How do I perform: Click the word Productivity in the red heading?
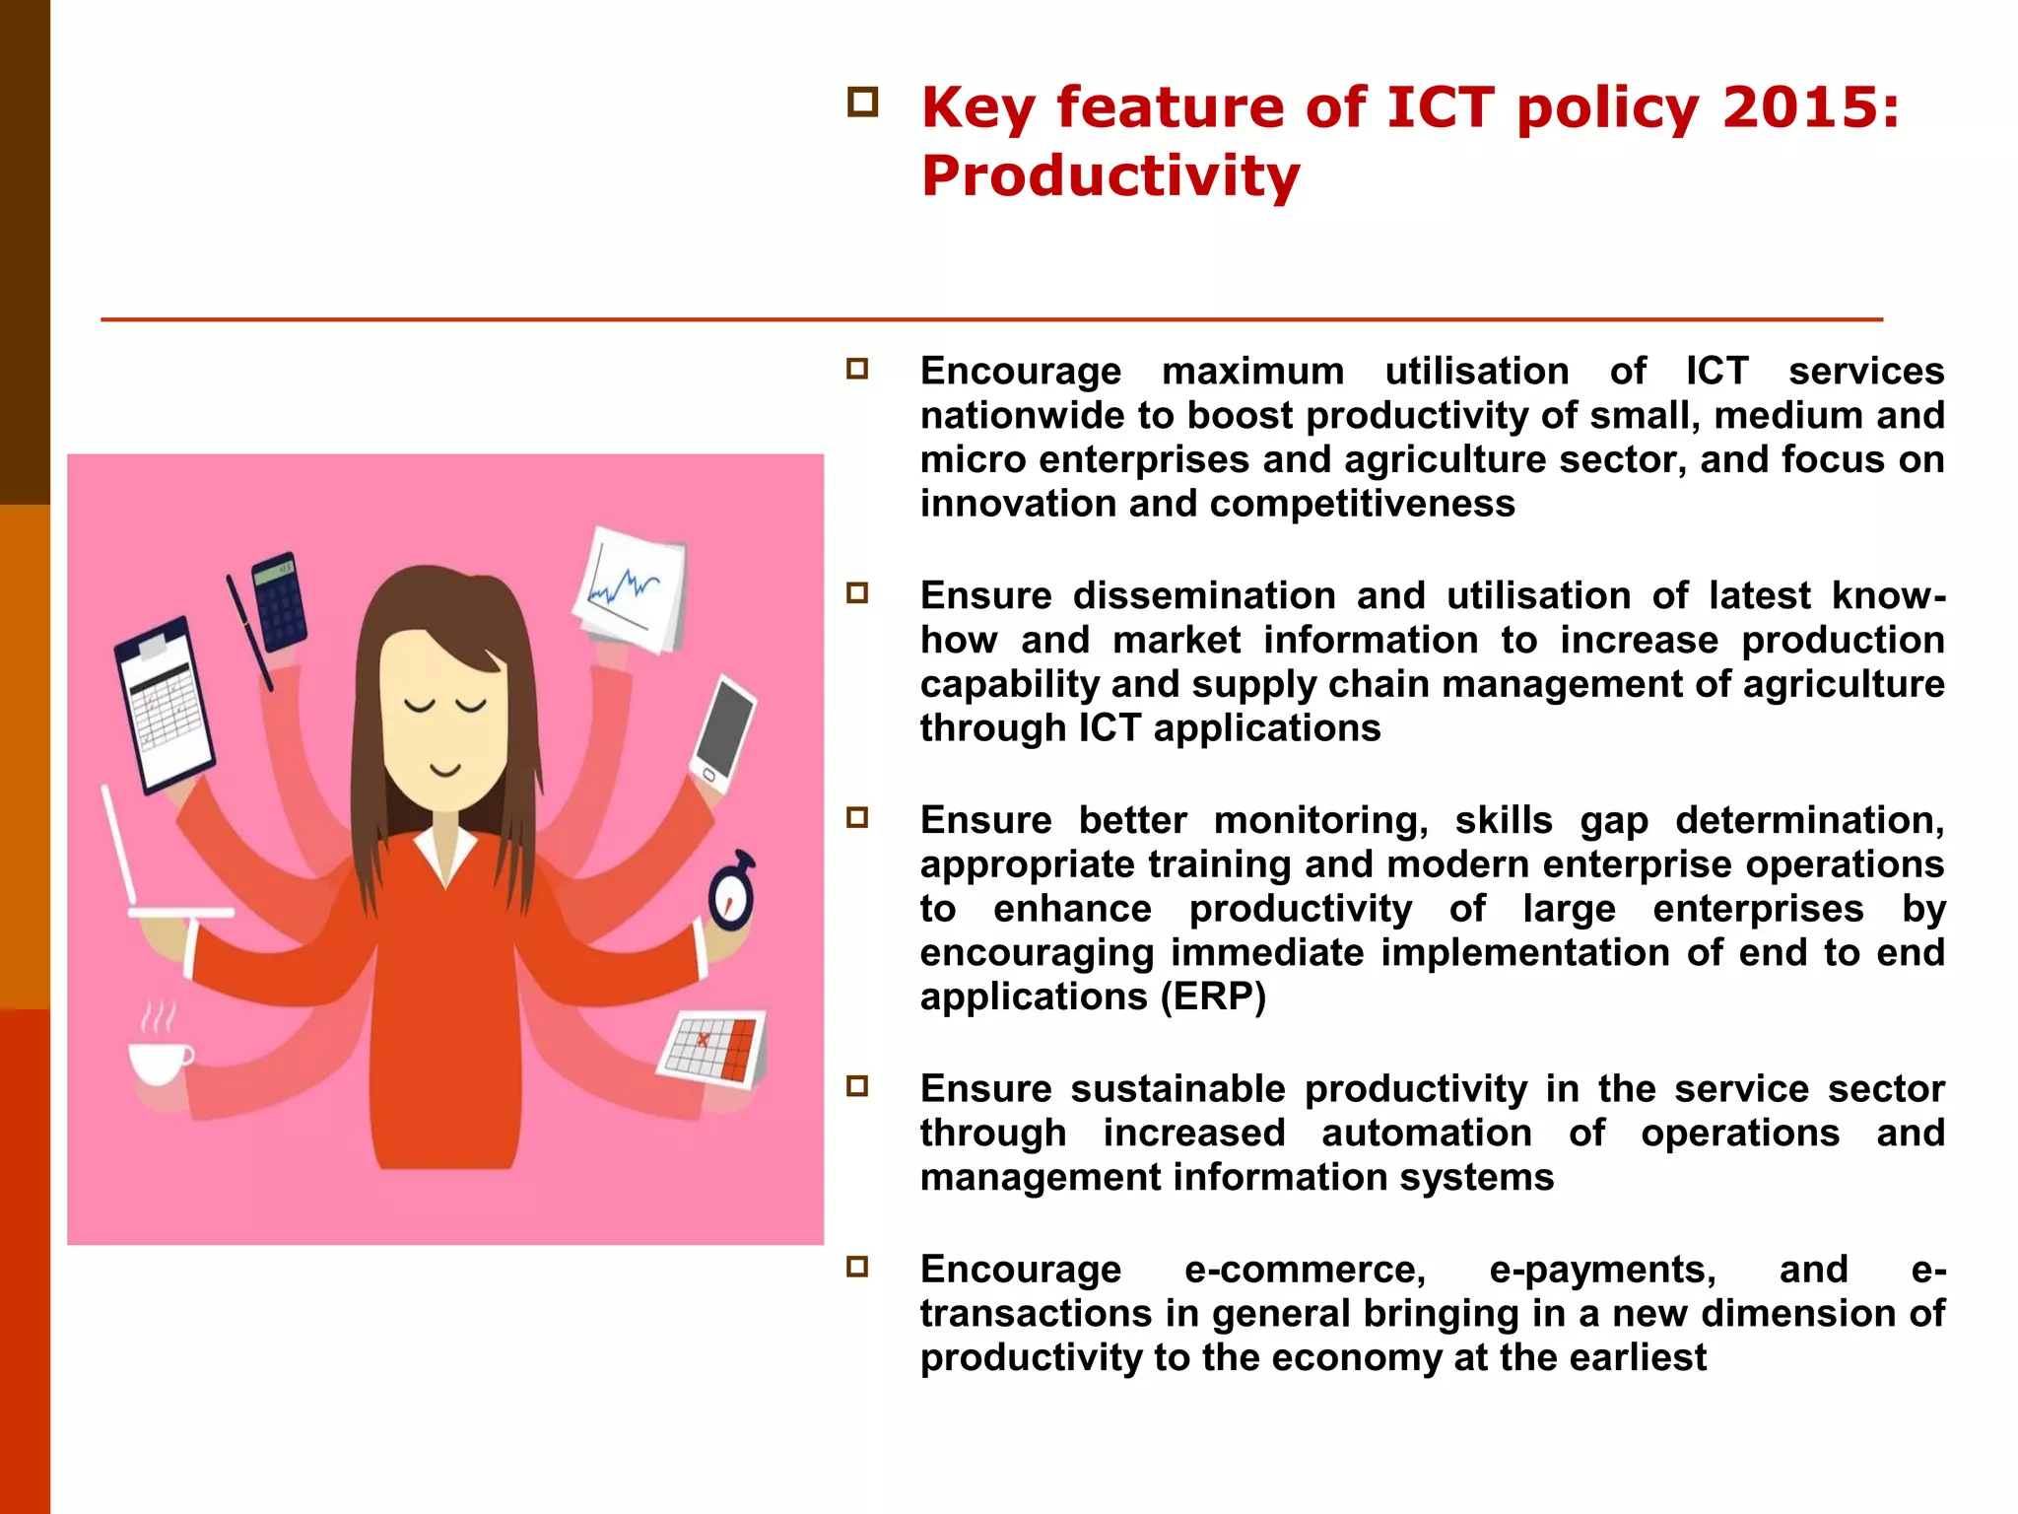[x=1110, y=176]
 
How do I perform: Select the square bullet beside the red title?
[x=862, y=103]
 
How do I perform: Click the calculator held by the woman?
[x=280, y=600]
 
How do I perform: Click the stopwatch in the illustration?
[x=732, y=893]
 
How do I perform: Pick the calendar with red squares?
[x=712, y=1049]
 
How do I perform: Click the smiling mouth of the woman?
[x=445, y=769]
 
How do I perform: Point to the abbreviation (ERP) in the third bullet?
[x=1212, y=997]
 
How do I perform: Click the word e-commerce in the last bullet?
[x=1305, y=1270]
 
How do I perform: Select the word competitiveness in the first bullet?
[x=1362, y=504]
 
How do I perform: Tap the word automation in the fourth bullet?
[x=1426, y=1134]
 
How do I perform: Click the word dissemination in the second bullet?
[x=1203, y=596]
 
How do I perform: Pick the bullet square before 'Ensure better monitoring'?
[x=857, y=817]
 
